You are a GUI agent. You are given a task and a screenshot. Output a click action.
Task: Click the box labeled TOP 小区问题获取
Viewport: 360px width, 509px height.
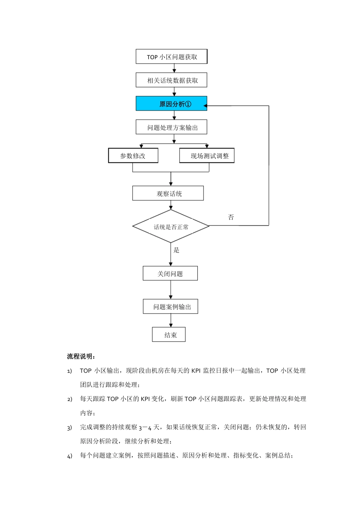(x=172, y=57)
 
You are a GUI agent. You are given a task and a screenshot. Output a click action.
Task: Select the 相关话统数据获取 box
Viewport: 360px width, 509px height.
(x=172, y=80)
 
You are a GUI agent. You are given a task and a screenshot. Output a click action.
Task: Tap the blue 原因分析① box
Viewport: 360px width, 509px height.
(x=172, y=104)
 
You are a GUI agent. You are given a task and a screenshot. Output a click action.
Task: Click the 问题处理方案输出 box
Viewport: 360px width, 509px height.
(x=172, y=128)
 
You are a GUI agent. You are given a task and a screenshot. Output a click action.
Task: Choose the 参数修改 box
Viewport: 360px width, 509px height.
(x=133, y=156)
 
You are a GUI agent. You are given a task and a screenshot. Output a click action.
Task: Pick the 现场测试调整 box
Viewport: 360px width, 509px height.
(x=207, y=156)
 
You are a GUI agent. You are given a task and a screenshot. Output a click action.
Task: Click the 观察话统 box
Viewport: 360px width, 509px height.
(x=168, y=194)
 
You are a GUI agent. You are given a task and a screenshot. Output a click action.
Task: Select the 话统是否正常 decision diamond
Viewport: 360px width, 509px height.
(x=171, y=226)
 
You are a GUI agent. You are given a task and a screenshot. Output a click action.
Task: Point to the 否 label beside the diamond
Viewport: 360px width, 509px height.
(x=231, y=217)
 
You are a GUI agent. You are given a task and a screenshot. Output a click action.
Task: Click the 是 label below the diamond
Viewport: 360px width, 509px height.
(x=176, y=250)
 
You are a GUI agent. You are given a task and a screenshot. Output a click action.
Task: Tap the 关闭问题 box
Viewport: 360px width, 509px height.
(x=170, y=273)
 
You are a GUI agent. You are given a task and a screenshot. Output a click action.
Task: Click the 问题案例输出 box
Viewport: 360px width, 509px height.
(x=171, y=307)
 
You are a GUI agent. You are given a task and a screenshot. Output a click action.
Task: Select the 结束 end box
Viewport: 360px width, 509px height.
(x=169, y=335)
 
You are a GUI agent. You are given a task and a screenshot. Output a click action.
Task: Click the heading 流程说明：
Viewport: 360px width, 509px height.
(x=81, y=356)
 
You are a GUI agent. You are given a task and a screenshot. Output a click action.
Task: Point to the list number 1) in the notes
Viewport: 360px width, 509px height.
(x=69, y=371)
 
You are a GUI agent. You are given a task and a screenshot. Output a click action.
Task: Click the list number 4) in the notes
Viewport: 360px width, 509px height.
(x=69, y=456)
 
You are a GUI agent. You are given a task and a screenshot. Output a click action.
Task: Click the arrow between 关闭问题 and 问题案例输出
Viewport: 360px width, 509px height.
(x=171, y=290)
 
